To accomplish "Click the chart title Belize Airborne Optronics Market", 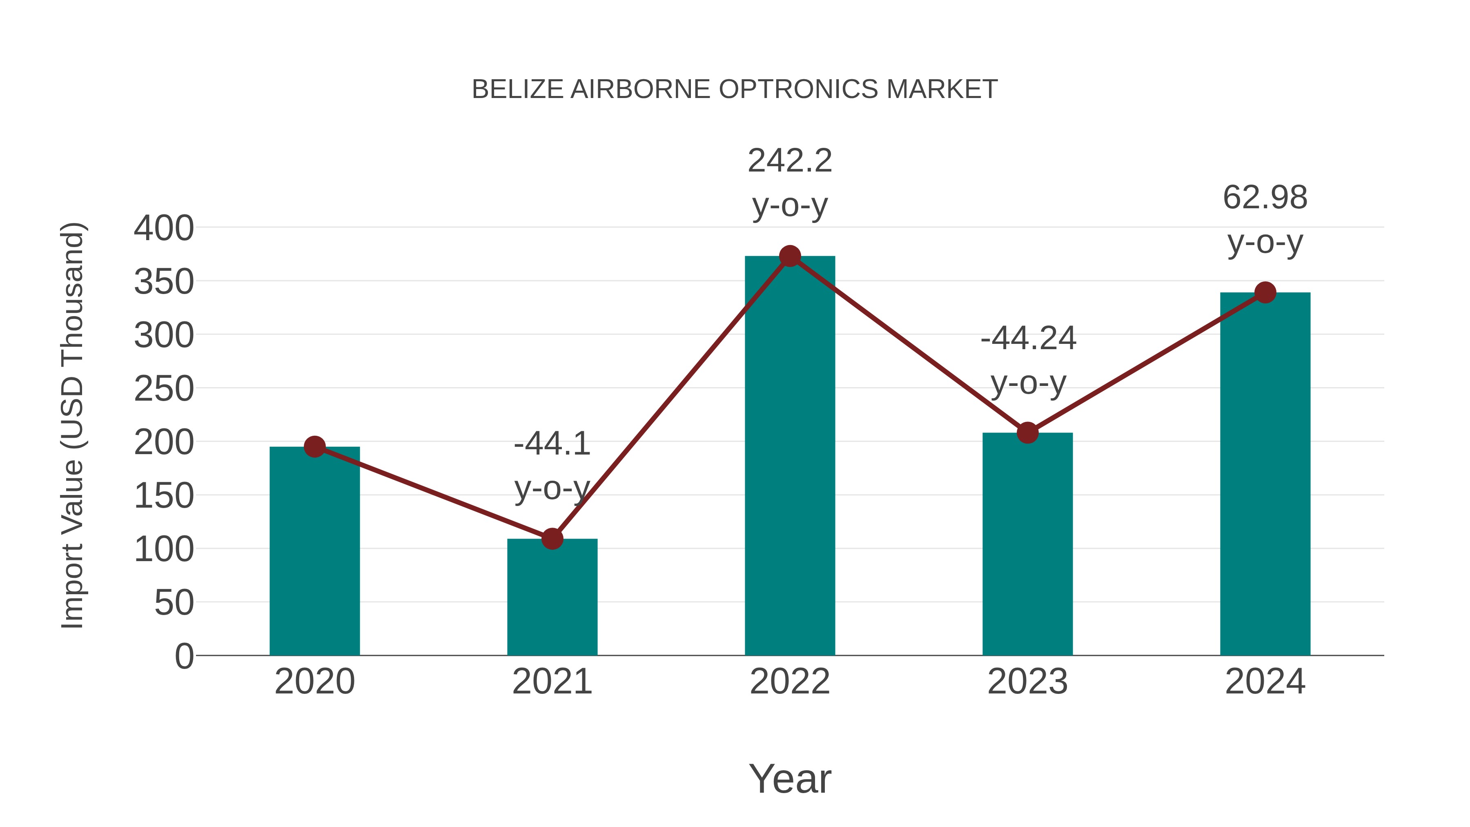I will pos(735,89).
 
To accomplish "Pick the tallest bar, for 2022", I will pos(790,457).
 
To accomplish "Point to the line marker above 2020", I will pos(314,447).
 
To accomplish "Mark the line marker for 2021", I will pos(552,538).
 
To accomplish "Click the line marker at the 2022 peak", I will pos(790,256).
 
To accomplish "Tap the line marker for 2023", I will pos(1027,432).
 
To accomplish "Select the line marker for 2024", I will pos(1265,293).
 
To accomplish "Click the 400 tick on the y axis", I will pos(164,228).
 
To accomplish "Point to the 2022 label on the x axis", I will pos(790,682).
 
